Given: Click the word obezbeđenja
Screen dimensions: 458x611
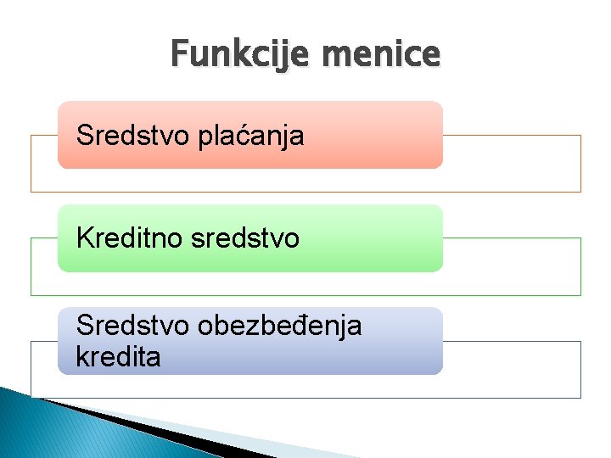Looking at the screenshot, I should click(277, 325).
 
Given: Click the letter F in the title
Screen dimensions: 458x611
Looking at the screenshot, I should click(177, 55).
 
